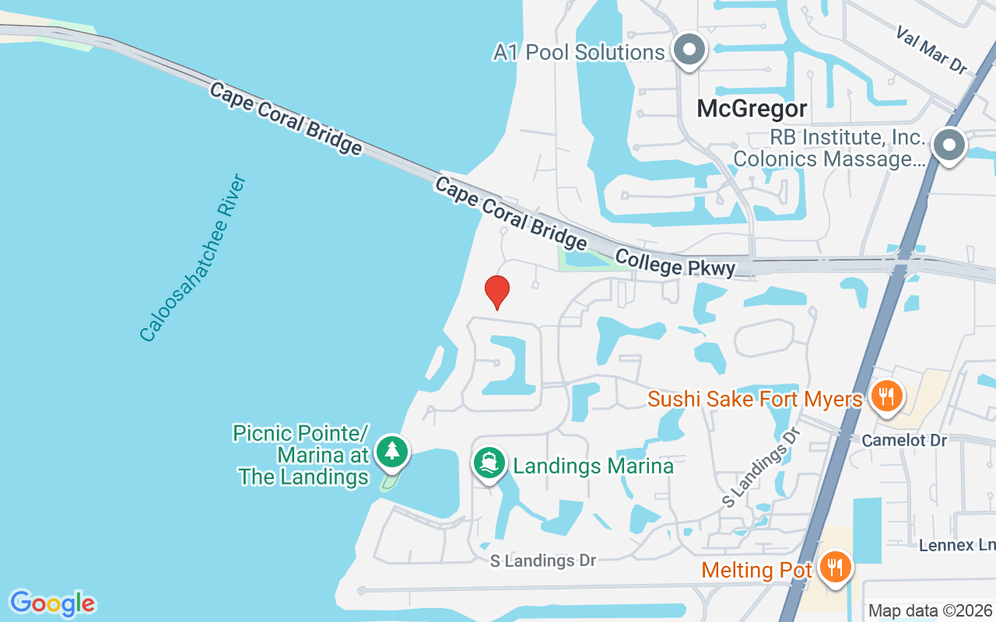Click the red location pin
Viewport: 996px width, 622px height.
[x=497, y=292]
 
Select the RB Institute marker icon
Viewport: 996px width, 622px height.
[x=949, y=145]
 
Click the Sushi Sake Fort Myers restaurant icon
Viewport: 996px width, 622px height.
[x=886, y=396]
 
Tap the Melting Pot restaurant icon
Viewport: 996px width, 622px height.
[x=836, y=568]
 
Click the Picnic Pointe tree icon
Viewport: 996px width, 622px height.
[x=391, y=452]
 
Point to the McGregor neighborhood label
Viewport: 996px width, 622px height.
[x=752, y=108]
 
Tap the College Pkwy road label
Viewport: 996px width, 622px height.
[x=675, y=263]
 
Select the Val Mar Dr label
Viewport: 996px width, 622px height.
[x=931, y=51]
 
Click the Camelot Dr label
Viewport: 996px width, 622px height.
[x=904, y=440]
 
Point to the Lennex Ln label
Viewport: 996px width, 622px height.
[x=956, y=545]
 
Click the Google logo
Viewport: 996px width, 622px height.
[x=52, y=603]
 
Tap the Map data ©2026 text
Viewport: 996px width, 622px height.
[x=930, y=610]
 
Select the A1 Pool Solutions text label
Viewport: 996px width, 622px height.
[x=579, y=52]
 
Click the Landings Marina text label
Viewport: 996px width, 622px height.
[x=594, y=466]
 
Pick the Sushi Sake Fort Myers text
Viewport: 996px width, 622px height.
[x=755, y=399]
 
